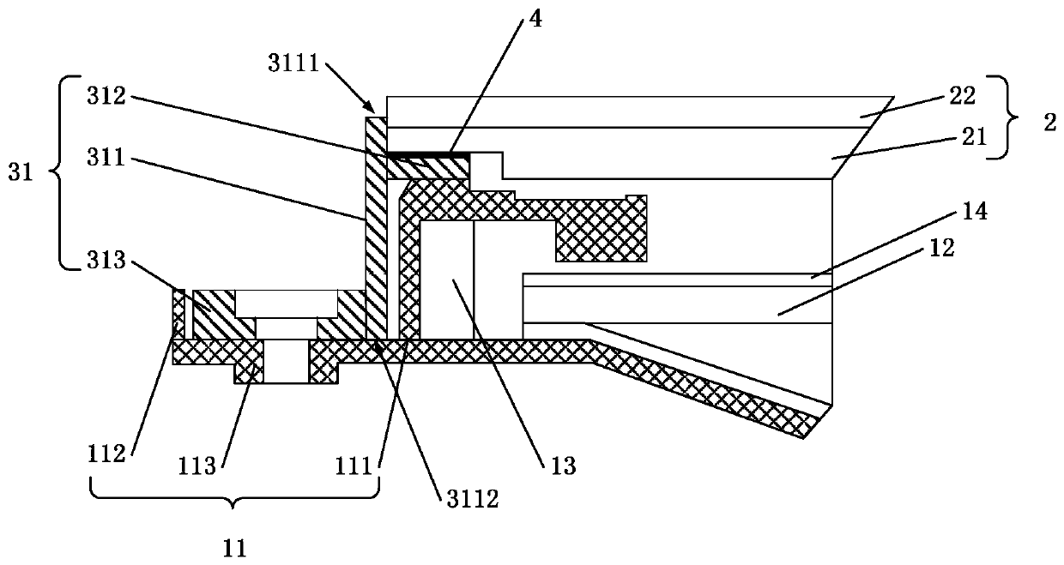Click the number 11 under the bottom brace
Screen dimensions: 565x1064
point(234,544)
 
